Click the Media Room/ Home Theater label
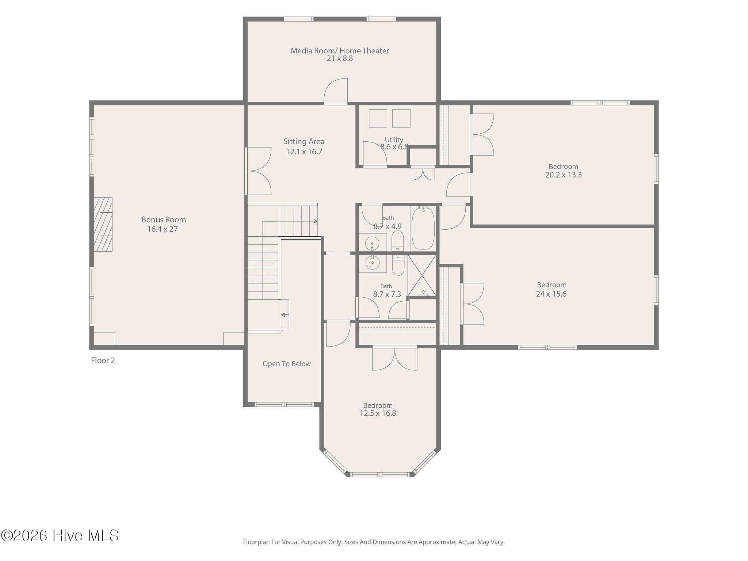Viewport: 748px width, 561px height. [x=340, y=51]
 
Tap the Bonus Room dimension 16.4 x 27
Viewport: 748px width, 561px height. [x=163, y=229]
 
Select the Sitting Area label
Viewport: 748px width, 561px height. [x=304, y=141]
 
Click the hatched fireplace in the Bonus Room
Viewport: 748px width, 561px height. [x=103, y=224]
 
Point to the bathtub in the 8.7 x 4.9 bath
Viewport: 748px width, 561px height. [x=423, y=228]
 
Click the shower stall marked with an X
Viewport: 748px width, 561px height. [x=422, y=275]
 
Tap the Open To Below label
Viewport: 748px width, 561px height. [x=287, y=364]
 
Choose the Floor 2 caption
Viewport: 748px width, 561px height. [x=103, y=360]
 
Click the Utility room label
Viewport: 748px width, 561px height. [x=394, y=140]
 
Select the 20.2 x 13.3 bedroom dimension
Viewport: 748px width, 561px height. [x=564, y=175]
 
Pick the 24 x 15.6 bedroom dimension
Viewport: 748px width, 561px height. [x=551, y=294]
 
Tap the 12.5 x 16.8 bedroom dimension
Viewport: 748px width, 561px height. [x=378, y=413]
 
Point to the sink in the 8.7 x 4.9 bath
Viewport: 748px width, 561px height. [x=372, y=243]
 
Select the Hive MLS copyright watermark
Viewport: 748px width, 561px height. [x=60, y=535]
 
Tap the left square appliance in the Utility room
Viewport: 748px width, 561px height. [x=378, y=118]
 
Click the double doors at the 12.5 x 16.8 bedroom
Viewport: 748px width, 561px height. [x=395, y=359]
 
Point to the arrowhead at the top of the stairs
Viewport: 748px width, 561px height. [x=316, y=221]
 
